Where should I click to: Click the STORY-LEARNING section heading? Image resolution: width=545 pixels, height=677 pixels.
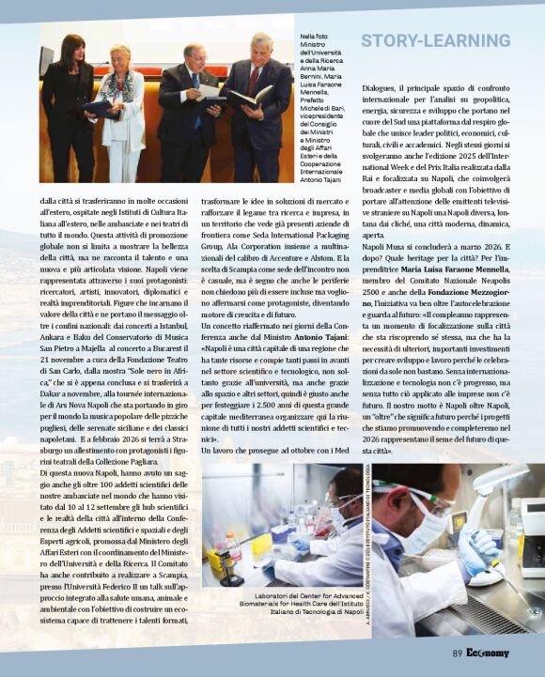click(435, 41)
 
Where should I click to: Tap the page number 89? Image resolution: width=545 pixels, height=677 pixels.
click(457, 654)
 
